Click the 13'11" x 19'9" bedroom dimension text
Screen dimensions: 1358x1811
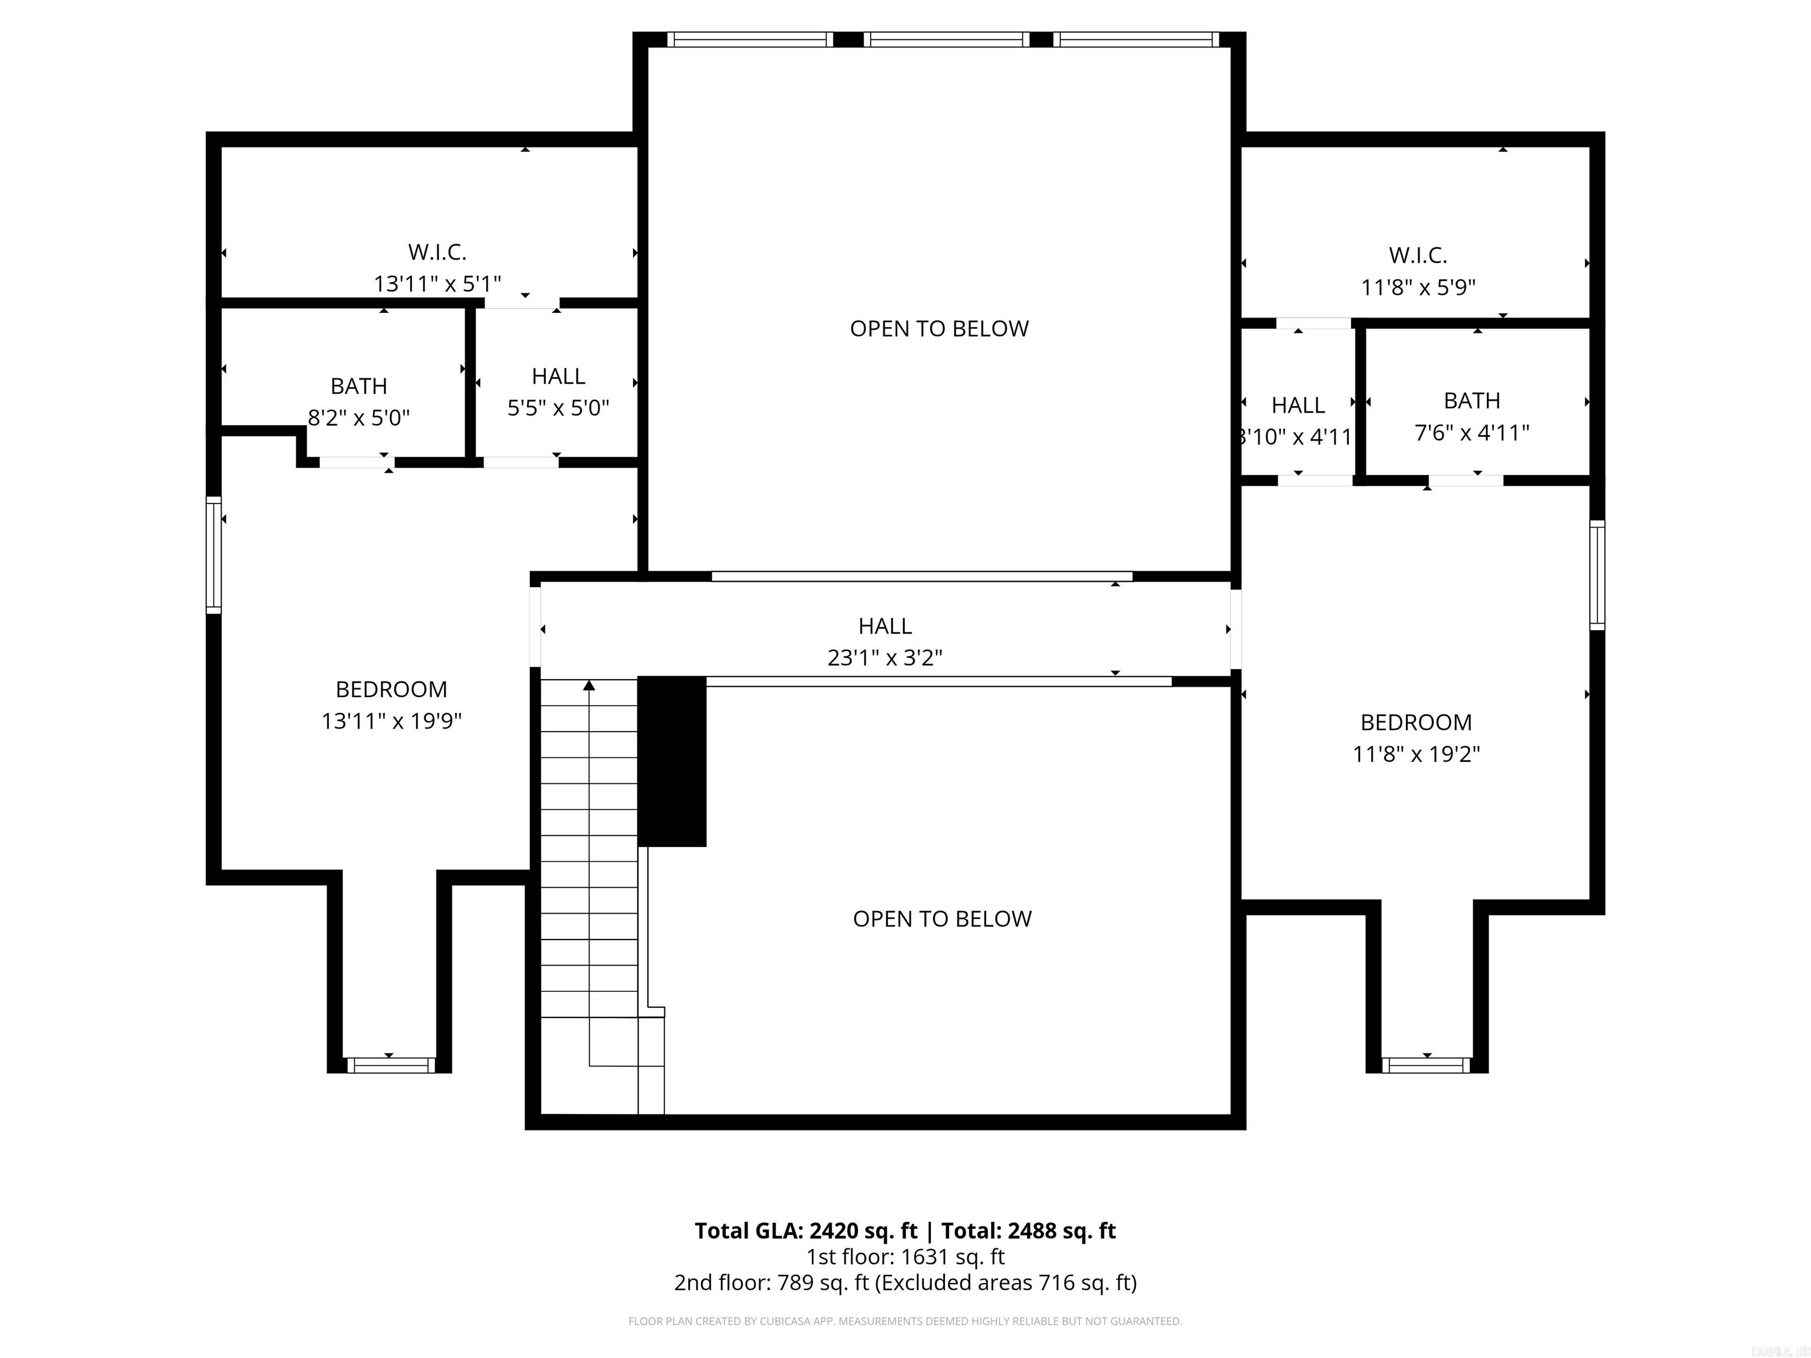391,721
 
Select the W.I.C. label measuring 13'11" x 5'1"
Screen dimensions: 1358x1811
437,252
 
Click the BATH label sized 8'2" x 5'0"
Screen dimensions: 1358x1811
358,387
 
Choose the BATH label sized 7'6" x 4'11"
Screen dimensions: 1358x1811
1471,401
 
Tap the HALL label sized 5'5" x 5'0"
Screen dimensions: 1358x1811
558,377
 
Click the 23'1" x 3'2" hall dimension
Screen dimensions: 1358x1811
884,658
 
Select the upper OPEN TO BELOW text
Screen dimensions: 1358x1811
939,329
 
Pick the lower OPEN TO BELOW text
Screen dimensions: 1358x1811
941,919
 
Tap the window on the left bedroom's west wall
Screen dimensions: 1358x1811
213,554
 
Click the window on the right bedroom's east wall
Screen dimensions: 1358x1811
1596,575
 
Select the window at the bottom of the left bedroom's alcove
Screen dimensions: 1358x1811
390,1065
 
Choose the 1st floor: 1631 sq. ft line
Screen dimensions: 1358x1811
905,1257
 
